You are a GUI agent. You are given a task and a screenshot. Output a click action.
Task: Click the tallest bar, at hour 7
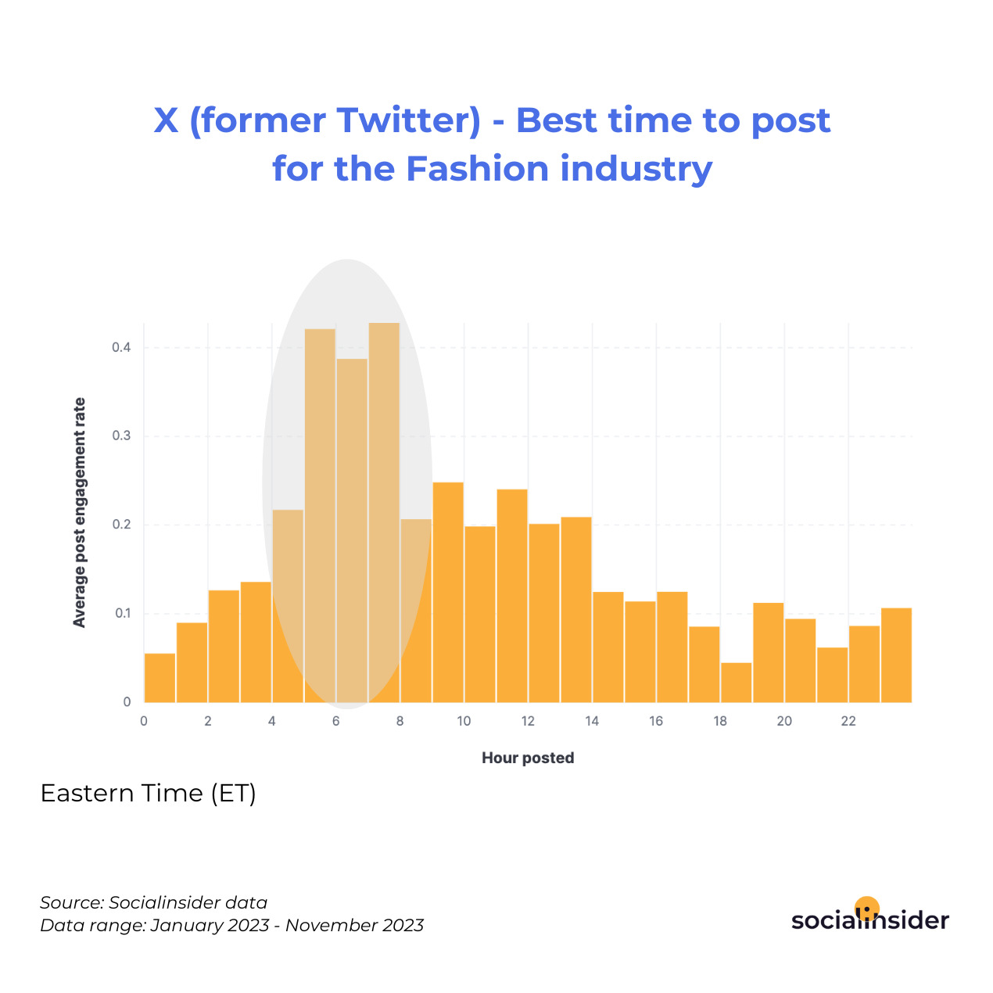click(384, 512)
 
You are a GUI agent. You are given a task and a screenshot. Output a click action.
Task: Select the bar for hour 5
click(320, 515)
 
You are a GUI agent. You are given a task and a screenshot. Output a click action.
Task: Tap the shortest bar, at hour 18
click(736, 683)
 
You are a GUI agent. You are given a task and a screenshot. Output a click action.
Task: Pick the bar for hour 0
click(160, 678)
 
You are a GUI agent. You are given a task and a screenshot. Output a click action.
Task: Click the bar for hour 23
click(896, 655)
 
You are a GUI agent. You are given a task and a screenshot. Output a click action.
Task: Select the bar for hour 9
click(448, 592)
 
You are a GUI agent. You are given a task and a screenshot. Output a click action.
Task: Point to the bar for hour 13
click(576, 610)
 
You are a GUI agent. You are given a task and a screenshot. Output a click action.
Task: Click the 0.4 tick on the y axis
click(122, 347)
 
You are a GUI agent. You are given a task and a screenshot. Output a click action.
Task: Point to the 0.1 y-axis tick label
click(123, 613)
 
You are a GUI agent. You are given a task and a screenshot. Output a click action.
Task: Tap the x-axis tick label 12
click(528, 721)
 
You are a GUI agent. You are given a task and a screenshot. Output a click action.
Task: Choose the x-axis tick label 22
click(848, 721)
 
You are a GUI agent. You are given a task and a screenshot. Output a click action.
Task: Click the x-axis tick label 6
click(336, 721)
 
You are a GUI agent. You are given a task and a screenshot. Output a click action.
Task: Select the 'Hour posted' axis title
click(528, 758)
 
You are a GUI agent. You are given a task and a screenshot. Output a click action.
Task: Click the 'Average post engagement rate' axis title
click(79, 512)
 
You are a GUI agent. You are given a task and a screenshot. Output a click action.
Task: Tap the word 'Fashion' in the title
click(477, 169)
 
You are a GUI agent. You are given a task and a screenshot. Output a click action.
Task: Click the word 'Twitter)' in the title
click(409, 121)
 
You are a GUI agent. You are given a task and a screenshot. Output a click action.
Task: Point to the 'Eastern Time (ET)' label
click(149, 793)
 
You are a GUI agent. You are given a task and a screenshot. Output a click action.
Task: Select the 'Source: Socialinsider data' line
click(153, 902)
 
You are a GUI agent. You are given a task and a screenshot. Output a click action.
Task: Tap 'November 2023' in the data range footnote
click(354, 925)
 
